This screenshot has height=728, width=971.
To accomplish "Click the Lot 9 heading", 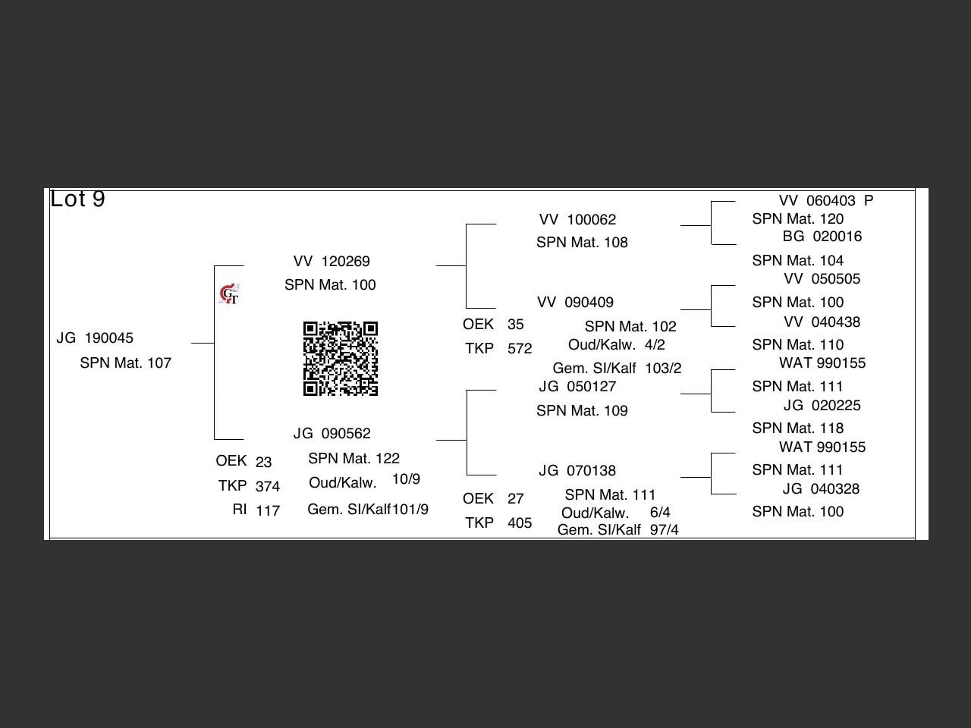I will pyautogui.click(x=77, y=199).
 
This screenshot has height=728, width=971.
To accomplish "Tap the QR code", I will pyautogui.click(x=341, y=359).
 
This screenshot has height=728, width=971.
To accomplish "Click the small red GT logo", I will pyautogui.click(x=229, y=294).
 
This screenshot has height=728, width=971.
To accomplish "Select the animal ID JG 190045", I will pyautogui.click(x=95, y=338).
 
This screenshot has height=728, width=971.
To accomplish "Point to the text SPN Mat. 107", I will pyautogui.click(x=126, y=363).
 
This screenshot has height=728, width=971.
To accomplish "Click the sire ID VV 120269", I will pyautogui.click(x=332, y=262).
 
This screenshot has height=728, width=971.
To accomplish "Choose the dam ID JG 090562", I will pyautogui.click(x=332, y=434).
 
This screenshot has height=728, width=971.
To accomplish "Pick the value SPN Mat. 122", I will pyautogui.click(x=354, y=459).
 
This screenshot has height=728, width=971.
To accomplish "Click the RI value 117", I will pyautogui.click(x=268, y=511).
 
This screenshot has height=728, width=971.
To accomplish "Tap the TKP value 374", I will pyautogui.click(x=268, y=487).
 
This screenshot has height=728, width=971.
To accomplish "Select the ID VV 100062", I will pyautogui.click(x=577, y=220).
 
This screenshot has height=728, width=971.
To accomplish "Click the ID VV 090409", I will pyautogui.click(x=575, y=303).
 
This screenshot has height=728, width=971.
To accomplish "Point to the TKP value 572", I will pyautogui.click(x=520, y=349).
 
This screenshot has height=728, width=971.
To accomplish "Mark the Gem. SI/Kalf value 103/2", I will pyautogui.click(x=663, y=369).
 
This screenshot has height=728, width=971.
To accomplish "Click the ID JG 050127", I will pyautogui.click(x=577, y=387).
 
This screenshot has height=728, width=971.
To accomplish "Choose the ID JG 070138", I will pyautogui.click(x=577, y=471).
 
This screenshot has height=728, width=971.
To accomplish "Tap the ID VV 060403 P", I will pyautogui.click(x=826, y=201).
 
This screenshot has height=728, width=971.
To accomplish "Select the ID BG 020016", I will pyautogui.click(x=822, y=237).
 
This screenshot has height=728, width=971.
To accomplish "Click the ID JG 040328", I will pyautogui.click(x=822, y=489).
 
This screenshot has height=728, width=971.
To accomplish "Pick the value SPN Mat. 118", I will pyautogui.click(x=798, y=428).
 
